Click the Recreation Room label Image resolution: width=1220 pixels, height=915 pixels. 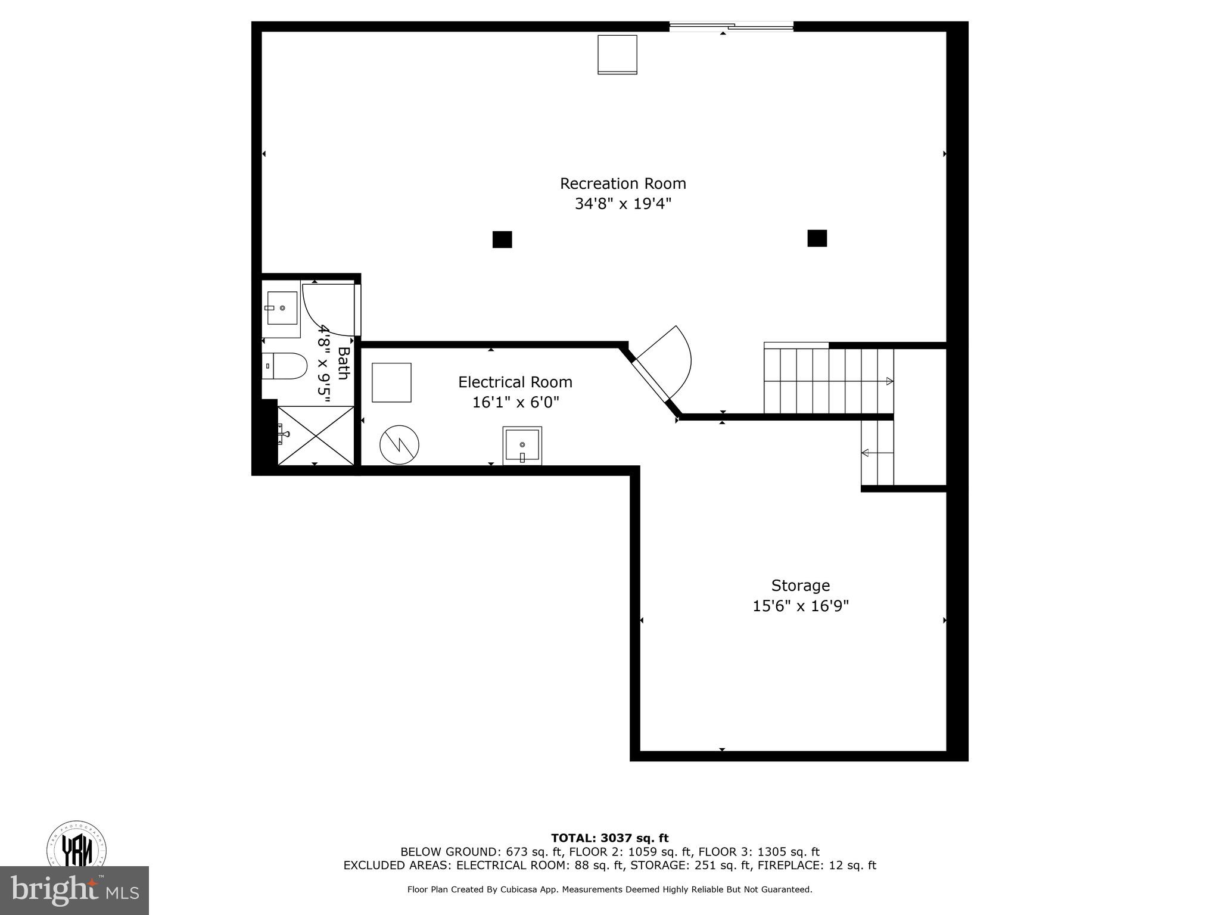[x=623, y=183]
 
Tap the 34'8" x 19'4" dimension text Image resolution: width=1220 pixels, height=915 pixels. [x=623, y=204]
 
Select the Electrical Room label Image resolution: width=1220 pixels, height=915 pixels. [x=515, y=382]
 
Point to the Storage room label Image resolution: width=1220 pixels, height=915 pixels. [x=800, y=586]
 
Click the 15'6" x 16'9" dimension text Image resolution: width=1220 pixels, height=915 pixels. [x=800, y=606]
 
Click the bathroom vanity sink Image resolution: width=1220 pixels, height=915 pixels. [x=282, y=308]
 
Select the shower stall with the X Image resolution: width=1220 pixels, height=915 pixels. [x=316, y=435]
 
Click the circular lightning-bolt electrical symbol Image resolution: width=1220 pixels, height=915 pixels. [x=399, y=444]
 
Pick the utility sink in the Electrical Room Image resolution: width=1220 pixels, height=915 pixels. [x=522, y=445]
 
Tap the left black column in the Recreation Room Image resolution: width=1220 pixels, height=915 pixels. [x=502, y=239]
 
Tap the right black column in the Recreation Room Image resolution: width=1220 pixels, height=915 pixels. [x=817, y=238]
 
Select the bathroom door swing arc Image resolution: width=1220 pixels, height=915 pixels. [x=325, y=313]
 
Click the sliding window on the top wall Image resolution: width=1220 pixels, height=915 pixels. [x=731, y=26]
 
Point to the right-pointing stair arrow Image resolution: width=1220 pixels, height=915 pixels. [x=889, y=381]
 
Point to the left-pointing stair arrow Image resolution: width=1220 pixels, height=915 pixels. [x=865, y=453]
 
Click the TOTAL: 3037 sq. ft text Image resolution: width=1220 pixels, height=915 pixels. [x=609, y=839]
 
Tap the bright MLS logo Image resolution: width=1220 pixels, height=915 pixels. [x=74, y=891]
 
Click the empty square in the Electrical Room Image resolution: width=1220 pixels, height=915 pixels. [x=391, y=382]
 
